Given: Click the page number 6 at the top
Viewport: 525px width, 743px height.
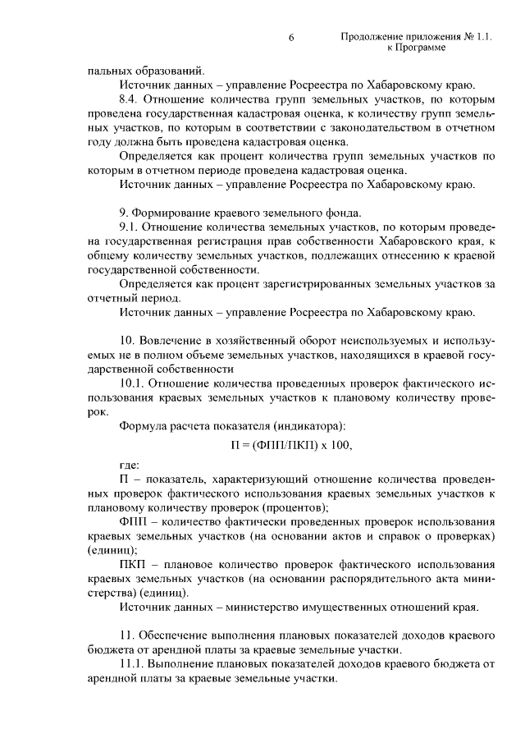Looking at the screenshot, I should coord(290,38).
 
